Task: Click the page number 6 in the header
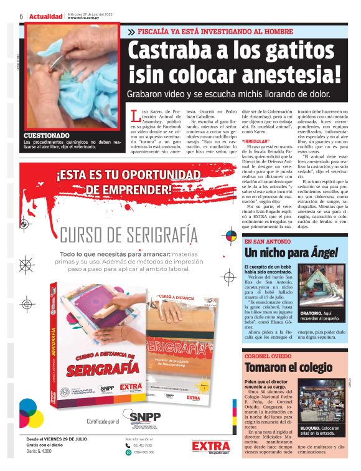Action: [x=21, y=16]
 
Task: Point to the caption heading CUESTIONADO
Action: [x=47, y=135]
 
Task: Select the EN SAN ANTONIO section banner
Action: [x=268, y=241]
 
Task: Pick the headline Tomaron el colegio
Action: [x=288, y=368]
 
